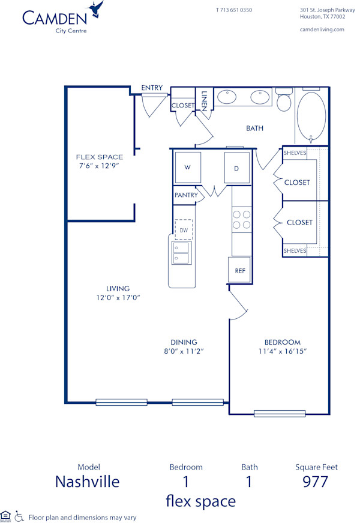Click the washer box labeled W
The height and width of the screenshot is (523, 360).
click(188, 168)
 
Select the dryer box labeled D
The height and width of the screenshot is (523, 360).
click(236, 168)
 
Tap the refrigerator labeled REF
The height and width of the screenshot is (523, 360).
click(239, 270)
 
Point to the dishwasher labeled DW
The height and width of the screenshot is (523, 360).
click(184, 229)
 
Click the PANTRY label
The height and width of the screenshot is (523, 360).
click(186, 195)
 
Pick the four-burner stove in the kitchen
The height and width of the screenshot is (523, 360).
click(241, 219)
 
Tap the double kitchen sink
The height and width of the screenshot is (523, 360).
click(181, 253)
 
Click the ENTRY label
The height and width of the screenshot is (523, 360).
click(152, 88)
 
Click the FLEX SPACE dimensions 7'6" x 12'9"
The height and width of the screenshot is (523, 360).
click(99, 166)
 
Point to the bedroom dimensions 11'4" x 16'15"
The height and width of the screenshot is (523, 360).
click(282, 351)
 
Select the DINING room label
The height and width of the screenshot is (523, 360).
click(184, 342)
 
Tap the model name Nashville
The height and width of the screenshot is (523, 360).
click(87, 482)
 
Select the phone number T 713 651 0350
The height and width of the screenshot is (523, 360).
click(233, 10)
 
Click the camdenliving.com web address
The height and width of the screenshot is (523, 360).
click(322, 29)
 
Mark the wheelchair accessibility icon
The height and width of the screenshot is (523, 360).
click(19, 516)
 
